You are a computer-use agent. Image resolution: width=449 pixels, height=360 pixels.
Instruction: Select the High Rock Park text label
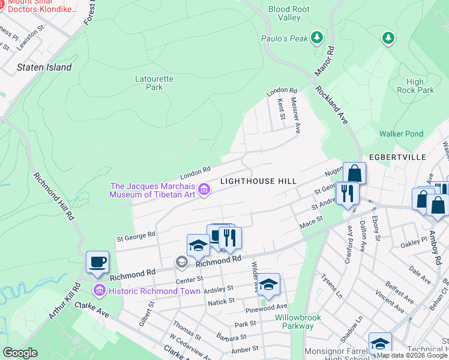(415, 86)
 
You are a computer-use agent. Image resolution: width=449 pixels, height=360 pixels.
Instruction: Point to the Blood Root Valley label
(289, 13)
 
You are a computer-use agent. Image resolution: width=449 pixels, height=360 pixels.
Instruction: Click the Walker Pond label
(401, 134)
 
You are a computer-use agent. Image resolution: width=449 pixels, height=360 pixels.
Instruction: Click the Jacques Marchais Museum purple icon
(204, 190)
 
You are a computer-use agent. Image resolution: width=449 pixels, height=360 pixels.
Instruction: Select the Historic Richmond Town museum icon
(99, 291)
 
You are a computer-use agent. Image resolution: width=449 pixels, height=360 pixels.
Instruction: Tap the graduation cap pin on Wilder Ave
(269, 284)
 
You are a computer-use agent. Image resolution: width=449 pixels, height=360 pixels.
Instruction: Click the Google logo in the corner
(20, 353)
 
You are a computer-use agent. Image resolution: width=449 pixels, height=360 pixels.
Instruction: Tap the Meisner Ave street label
(295, 115)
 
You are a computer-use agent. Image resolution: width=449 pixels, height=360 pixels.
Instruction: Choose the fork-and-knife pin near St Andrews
(348, 193)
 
